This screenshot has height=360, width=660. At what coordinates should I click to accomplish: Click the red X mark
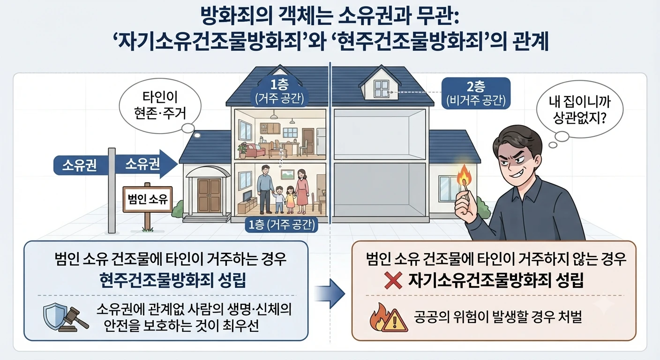[393, 280]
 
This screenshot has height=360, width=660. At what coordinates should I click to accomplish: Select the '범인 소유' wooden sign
[147, 199]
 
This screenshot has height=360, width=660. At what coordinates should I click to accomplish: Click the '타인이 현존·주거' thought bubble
[160, 105]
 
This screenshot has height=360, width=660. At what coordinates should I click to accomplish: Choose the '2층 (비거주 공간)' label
[476, 93]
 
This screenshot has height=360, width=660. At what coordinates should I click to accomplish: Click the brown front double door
[209, 195]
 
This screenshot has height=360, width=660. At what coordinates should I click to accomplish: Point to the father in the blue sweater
[265, 189]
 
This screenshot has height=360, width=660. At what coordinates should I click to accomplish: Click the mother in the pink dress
[301, 191]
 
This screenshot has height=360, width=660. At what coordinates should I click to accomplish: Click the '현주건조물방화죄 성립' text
[172, 280]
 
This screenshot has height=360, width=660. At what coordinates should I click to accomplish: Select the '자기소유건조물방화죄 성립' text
[496, 280]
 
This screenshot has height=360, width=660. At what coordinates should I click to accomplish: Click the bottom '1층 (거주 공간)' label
[282, 225]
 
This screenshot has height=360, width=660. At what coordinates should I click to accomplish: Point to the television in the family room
[247, 196]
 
